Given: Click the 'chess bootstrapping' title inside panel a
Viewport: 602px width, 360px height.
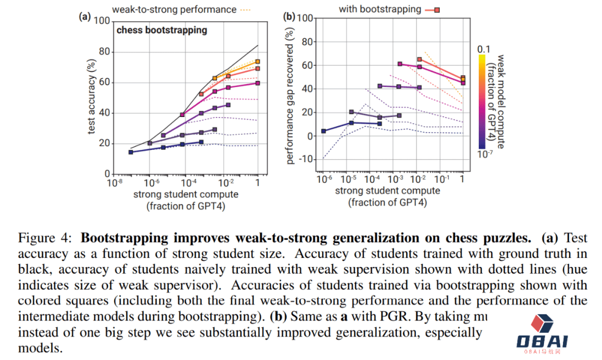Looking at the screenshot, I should click(162, 30).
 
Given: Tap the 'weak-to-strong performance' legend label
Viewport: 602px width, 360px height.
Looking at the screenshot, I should click(173, 9).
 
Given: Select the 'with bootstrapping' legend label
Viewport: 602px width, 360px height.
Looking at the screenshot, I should click(380, 9).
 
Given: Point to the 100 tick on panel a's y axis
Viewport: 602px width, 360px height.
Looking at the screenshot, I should click(103, 21).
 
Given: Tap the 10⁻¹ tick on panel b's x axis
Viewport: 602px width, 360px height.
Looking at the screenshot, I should click(440, 179).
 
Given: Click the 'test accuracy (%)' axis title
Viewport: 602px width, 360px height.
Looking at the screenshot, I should click(91, 98).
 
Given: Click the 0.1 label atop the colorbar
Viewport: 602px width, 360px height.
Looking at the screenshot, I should click(483, 49).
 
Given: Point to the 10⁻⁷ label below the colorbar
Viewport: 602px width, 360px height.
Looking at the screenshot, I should click(486, 154).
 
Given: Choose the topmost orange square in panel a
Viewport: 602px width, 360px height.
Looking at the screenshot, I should click(258, 62).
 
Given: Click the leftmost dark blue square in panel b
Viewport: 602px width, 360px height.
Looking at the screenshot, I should click(324, 131).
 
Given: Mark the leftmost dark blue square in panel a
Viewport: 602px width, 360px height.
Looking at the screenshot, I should click(131, 152).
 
